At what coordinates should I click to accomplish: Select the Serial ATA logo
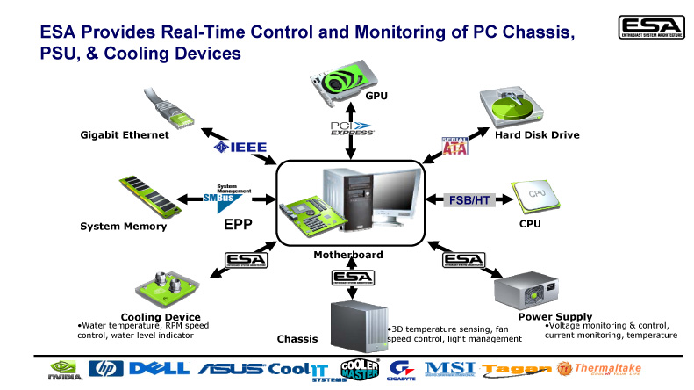(x=455, y=144)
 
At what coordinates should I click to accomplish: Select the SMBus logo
(x=233, y=198)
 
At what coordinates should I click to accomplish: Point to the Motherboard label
(x=349, y=256)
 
